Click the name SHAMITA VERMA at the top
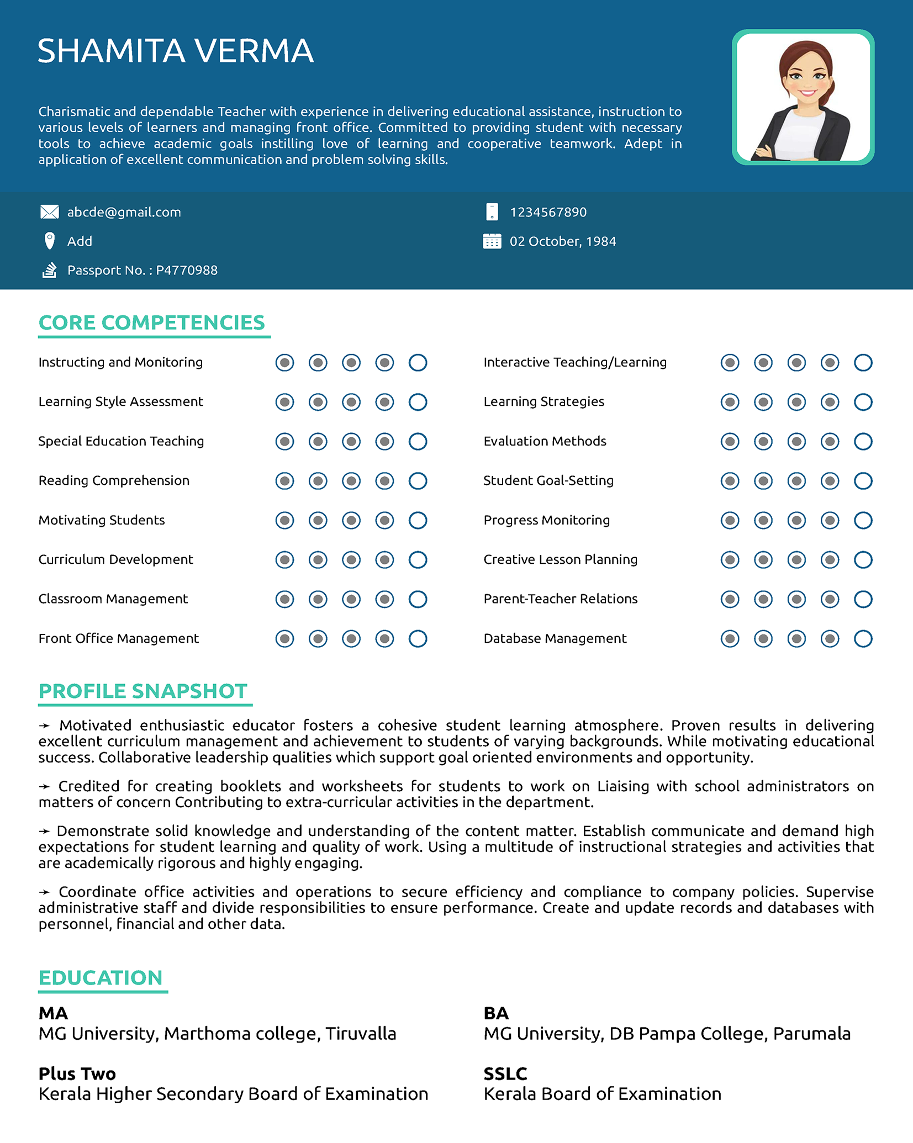click(176, 51)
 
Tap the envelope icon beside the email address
click(50, 212)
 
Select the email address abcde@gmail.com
click(124, 213)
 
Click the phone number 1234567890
click(548, 213)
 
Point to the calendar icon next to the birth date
click(492, 241)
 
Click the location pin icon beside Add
click(50, 241)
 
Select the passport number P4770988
click(187, 271)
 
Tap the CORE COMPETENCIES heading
click(152, 323)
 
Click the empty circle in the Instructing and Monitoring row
click(418, 363)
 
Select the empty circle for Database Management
click(863, 639)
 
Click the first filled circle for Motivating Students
click(284, 520)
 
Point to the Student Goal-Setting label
click(548, 480)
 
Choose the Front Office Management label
click(118, 639)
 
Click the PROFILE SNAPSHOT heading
click(143, 691)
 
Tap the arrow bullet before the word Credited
click(45, 787)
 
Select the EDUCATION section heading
click(101, 978)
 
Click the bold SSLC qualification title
click(505, 1074)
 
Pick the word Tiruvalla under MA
click(361, 1034)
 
